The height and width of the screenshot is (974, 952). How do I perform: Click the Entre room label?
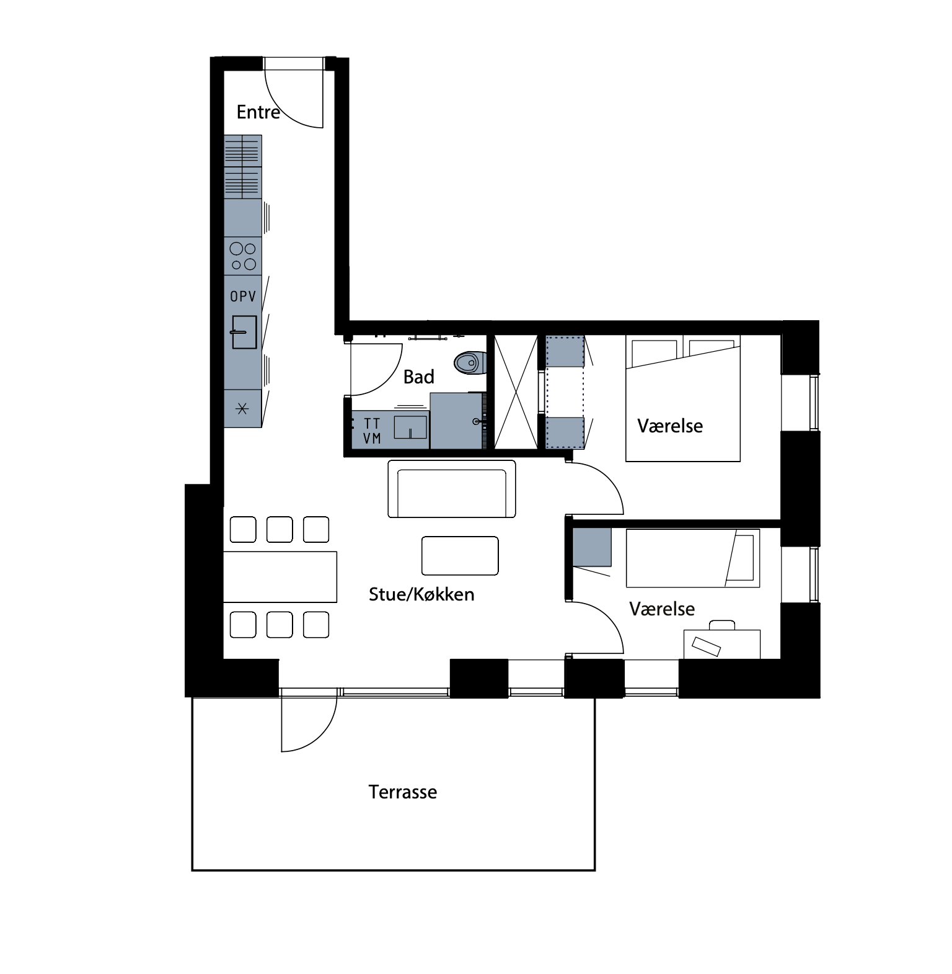tap(258, 112)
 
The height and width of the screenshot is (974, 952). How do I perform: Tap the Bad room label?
tap(418, 377)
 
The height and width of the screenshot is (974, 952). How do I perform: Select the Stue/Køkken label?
tap(421, 594)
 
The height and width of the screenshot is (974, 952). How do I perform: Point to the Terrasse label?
tap(403, 792)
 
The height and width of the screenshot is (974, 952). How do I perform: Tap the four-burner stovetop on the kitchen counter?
tap(243, 256)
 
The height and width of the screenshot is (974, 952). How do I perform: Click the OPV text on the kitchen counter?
tap(243, 297)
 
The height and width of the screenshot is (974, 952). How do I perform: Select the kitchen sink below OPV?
tap(244, 332)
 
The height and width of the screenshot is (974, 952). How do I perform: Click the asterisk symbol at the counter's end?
tap(243, 409)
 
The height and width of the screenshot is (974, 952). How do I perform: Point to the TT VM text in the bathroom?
tap(372, 431)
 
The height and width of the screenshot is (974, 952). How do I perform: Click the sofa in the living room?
tap(452, 489)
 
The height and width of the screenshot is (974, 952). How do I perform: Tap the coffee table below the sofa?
tap(460, 556)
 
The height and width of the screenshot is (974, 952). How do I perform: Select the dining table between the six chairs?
tap(280, 577)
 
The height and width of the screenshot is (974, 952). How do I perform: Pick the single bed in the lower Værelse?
tap(693, 558)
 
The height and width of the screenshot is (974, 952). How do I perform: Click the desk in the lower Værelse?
tap(722, 644)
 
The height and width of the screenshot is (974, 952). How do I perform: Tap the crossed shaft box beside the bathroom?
tap(516, 391)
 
